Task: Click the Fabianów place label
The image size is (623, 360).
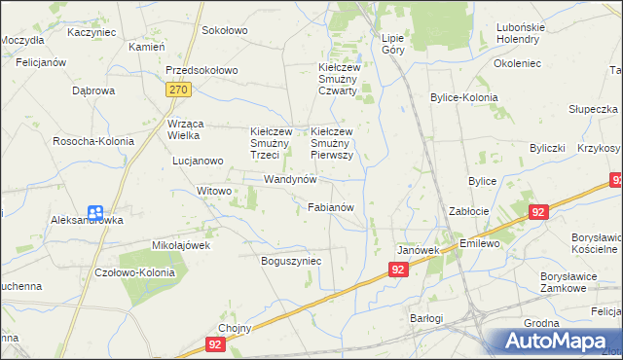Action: (336, 207)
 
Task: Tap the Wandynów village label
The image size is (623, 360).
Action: (291, 180)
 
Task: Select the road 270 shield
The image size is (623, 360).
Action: (177, 90)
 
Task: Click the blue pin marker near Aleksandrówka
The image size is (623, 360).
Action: (95, 213)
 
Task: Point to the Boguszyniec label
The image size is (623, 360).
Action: (291, 261)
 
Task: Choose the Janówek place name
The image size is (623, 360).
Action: (417, 250)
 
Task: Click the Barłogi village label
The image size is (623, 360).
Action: (425, 318)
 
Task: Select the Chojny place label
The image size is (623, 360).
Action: (236, 328)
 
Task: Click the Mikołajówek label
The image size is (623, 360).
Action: (181, 245)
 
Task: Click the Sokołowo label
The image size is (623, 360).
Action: (224, 30)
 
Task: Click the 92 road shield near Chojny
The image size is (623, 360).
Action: (216, 343)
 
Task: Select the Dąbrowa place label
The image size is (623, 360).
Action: (93, 90)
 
